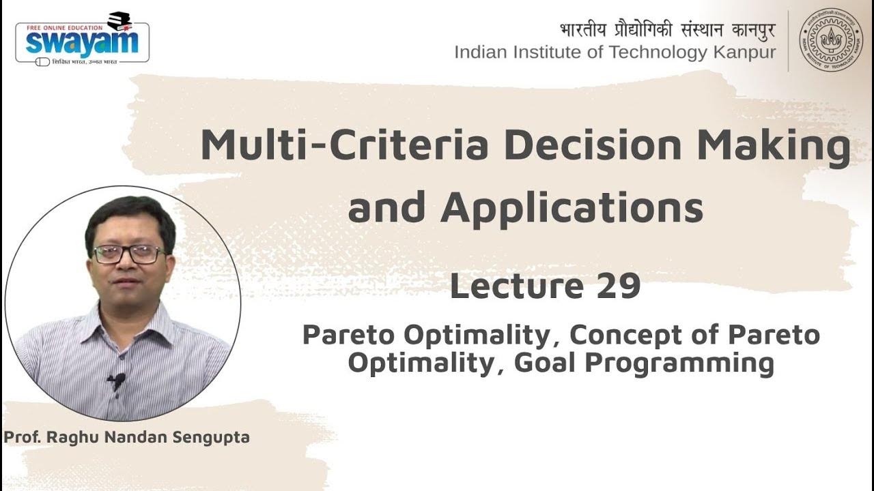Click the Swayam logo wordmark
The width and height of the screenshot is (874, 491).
(x=82, y=42)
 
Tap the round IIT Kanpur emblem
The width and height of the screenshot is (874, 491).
(x=830, y=40)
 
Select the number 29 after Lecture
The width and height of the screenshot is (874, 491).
(x=618, y=286)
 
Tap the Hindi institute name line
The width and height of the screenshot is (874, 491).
(x=667, y=30)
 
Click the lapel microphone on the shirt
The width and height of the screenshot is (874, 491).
(x=117, y=380)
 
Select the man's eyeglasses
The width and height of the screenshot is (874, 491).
(x=128, y=254)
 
